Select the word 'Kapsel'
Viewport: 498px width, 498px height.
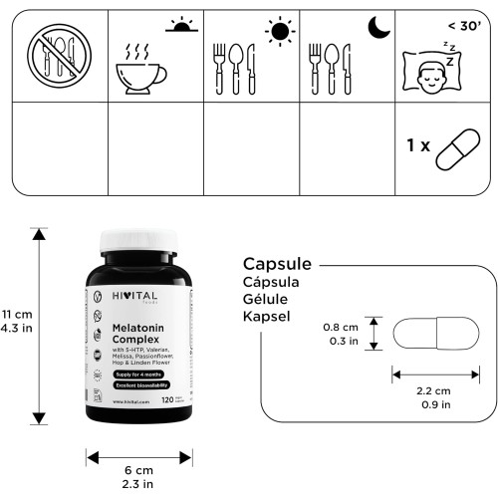point(268,317)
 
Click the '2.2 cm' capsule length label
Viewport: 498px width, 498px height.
point(435,391)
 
